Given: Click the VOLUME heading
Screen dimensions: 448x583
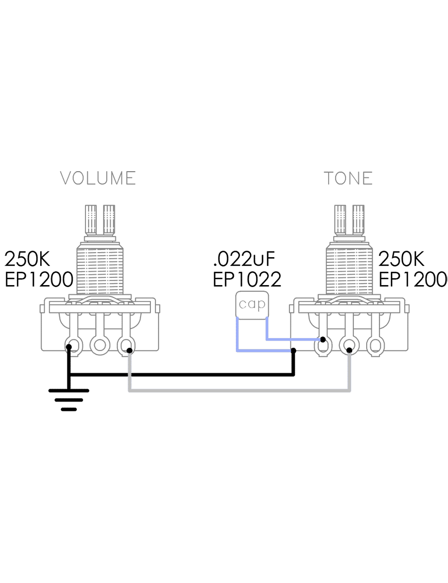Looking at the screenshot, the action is [98, 178].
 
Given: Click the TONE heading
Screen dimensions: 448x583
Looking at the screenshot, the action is [348, 178].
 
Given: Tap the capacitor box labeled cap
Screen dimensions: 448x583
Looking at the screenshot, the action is [252, 304].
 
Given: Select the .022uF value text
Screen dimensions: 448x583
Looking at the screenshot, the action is [244, 259].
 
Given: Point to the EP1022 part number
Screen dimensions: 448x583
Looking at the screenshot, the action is [247, 279].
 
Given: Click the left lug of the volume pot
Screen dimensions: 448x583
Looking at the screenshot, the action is [74, 345].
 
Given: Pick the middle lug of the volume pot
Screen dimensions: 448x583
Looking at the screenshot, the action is [99, 345].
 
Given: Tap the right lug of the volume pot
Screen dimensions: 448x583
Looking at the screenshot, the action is [126, 345].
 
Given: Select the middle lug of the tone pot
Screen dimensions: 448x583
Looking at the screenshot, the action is [349, 346].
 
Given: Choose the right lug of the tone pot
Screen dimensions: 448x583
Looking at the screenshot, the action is [375, 346].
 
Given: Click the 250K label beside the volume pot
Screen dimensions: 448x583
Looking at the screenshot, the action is [27, 259].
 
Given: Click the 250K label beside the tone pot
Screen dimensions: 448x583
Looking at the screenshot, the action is [401, 259].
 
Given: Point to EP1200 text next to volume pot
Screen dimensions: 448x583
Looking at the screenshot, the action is [39, 279].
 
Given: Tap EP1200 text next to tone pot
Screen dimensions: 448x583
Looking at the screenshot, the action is [412, 279].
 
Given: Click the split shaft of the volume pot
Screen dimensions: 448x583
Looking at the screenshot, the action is [100, 220].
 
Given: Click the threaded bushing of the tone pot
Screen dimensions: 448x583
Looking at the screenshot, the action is [349, 268].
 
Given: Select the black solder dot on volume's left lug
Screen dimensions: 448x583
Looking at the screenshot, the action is [68, 347].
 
